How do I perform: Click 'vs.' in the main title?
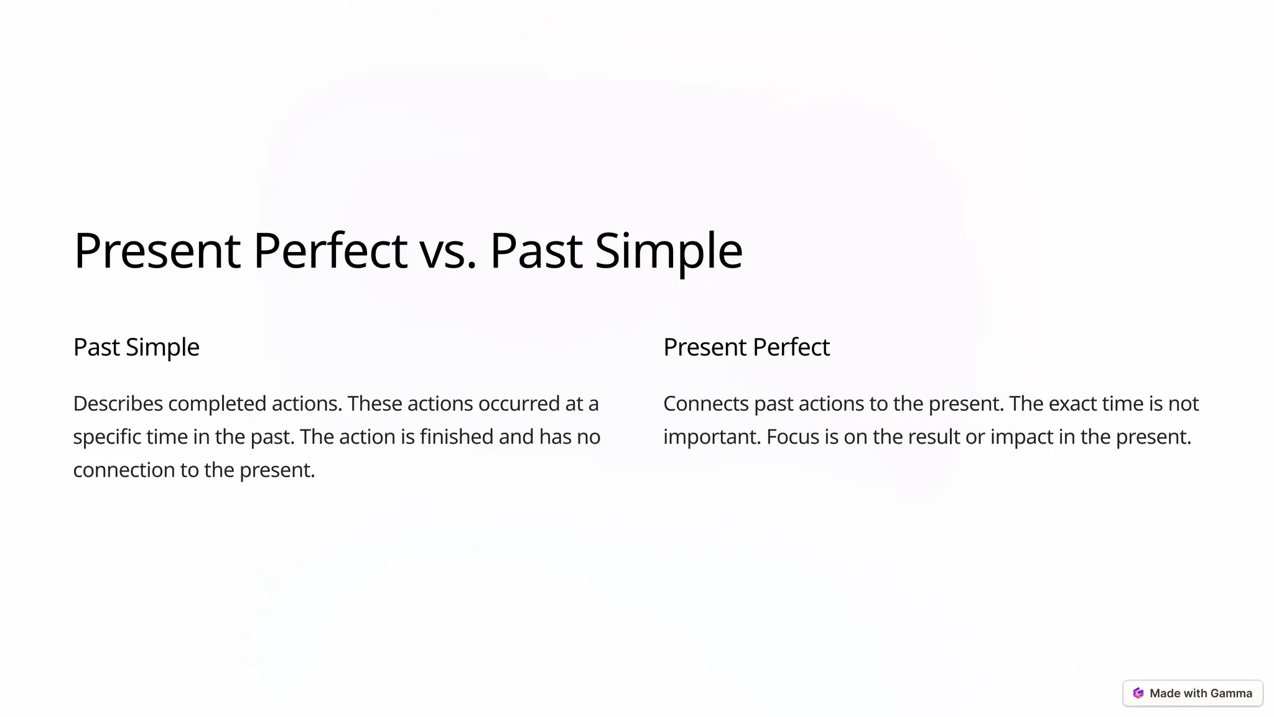(447, 251)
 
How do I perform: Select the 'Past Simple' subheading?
(136, 347)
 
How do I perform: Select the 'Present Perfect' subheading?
(746, 347)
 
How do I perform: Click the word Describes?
(118, 404)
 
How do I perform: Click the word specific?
(107, 437)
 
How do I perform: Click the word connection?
(124, 470)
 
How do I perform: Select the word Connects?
(706, 404)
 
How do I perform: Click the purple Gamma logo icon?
(1138, 693)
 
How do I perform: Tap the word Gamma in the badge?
(1231, 693)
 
